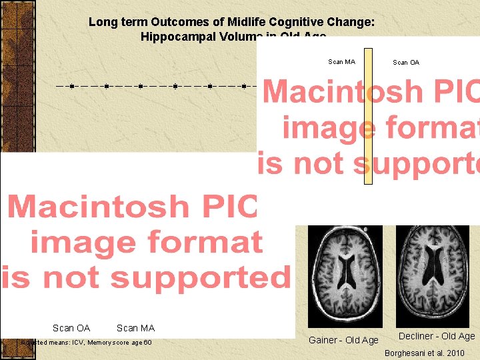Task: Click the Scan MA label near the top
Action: [341, 62]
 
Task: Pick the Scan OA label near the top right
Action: [406, 63]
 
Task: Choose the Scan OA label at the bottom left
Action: [71, 328]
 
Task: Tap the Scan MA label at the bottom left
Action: [135, 328]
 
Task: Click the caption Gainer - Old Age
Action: [343, 340]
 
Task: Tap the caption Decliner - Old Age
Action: [437, 337]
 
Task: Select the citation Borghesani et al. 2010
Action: [425, 353]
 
